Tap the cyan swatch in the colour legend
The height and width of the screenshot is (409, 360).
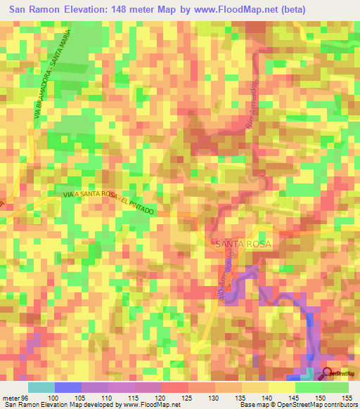click(41, 387)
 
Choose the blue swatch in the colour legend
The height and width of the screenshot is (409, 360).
click(68, 387)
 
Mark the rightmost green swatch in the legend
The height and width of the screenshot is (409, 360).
click(335, 387)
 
